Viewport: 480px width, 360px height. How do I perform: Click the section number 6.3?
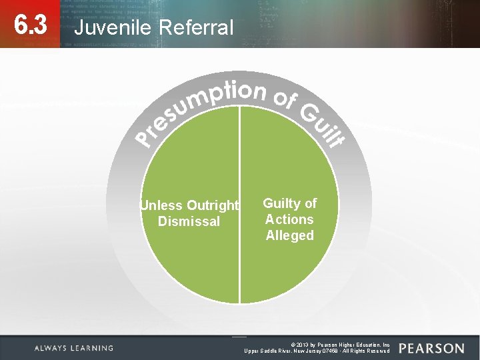point(30,25)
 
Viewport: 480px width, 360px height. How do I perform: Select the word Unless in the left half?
point(161,205)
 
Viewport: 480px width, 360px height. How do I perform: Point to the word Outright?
point(213,205)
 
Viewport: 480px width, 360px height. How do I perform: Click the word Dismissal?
point(189,221)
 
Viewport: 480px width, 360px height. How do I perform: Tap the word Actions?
point(289,219)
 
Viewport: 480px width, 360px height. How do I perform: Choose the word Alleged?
point(289,235)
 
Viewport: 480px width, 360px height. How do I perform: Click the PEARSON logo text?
point(432,348)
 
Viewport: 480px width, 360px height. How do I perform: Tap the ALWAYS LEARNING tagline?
point(74,348)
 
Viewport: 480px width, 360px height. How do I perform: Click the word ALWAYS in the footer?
point(51,348)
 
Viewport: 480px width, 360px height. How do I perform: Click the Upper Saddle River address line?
point(317,351)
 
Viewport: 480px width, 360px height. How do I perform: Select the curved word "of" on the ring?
point(285,98)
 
